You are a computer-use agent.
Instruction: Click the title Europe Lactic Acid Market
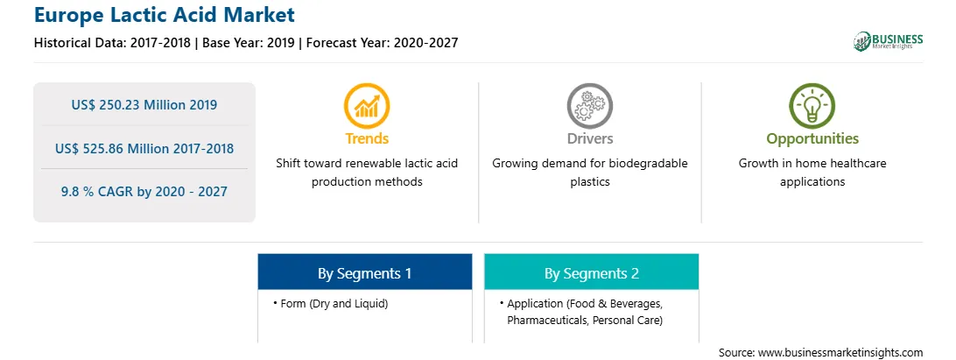pyautogui.click(x=164, y=15)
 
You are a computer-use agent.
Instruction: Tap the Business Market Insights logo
pyautogui.click(x=888, y=41)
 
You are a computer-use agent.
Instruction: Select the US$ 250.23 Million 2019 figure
pyautogui.click(x=144, y=105)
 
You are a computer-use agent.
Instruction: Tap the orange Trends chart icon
pyautogui.click(x=367, y=106)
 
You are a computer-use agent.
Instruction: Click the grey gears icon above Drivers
pyautogui.click(x=589, y=106)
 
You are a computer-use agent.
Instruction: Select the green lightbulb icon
pyautogui.click(x=812, y=106)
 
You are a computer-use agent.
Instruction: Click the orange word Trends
pyautogui.click(x=367, y=138)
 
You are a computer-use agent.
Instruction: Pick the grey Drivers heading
pyautogui.click(x=590, y=138)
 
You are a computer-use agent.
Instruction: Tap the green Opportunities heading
pyautogui.click(x=812, y=139)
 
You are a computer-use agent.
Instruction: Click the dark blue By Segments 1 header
pyautogui.click(x=364, y=272)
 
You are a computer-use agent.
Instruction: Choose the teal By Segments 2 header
pyautogui.click(x=592, y=272)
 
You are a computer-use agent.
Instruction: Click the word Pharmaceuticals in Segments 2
pyautogui.click(x=545, y=321)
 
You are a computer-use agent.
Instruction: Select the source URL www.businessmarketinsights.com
pyautogui.click(x=840, y=352)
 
